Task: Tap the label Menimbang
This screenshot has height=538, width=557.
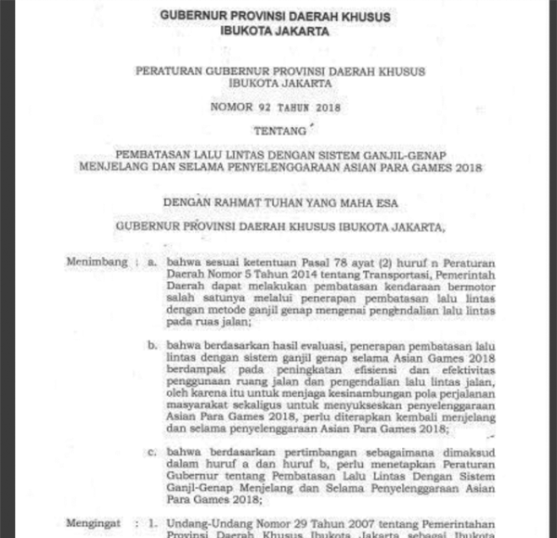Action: [x=96, y=263]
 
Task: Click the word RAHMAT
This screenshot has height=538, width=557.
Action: [x=240, y=199]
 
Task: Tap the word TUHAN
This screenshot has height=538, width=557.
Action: [x=295, y=199]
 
